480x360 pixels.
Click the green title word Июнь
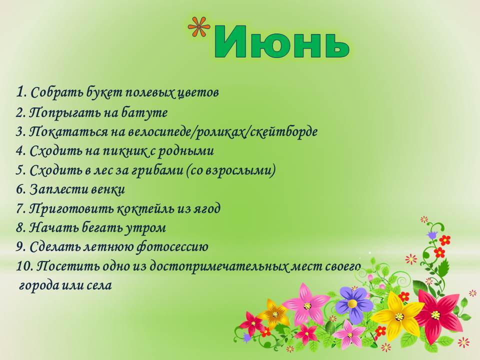click(x=282, y=41)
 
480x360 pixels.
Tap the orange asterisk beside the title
click(x=199, y=27)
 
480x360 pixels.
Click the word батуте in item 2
click(x=144, y=112)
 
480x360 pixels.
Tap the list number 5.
click(x=20, y=170)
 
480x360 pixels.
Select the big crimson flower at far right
click(x=437, y=314)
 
